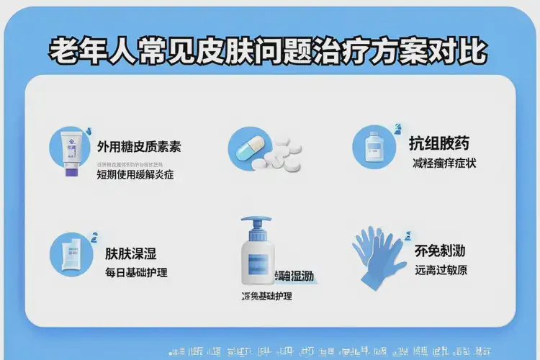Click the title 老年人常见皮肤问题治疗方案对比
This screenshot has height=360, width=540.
click(268, 52)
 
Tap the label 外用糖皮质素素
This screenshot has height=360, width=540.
click(139, 147)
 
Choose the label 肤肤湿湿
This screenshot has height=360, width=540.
click(131, 253)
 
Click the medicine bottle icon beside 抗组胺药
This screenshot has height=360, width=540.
click(373, 147)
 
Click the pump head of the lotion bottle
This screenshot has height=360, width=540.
click(257, 225)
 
